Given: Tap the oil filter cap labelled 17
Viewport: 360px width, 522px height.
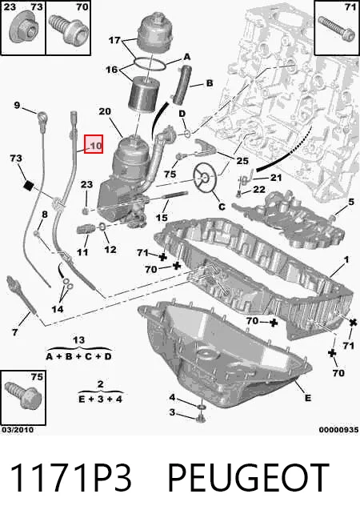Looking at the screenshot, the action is pos(153,34).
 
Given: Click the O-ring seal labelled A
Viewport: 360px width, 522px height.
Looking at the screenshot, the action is pos(150,64).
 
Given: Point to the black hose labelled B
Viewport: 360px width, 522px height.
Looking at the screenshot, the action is pos(181,84).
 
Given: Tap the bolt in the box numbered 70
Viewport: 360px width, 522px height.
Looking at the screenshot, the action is pos(69,30).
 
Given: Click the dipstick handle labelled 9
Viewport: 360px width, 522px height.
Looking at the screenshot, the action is pos(42,119).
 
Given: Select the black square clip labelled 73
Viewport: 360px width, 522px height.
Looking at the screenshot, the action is pos(28,185).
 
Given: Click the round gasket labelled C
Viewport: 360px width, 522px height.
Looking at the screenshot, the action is pos(205,178).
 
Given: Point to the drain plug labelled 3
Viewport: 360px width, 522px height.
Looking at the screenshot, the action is pos(201,417).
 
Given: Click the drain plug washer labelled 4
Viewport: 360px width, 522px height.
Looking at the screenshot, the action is pos(202,407).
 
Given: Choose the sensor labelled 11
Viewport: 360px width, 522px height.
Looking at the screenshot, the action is pos(86,228).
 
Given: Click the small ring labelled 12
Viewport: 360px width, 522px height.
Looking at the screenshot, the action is pos(102,227).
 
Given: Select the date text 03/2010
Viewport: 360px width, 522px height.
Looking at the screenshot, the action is pos(18,430).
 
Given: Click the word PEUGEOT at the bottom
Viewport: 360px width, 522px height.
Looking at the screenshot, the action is pos(248,477).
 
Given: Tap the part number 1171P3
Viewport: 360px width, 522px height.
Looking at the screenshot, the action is pos(70,477).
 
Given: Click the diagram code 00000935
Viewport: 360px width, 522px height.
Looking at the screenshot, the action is pos(338,430).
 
